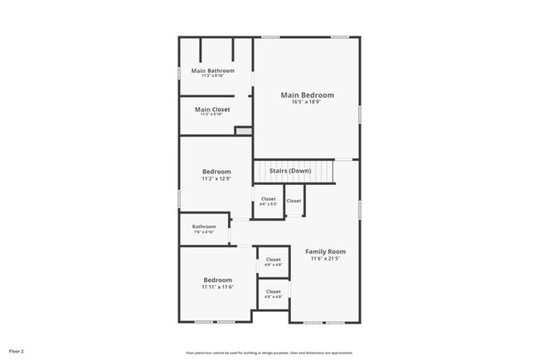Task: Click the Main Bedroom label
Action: coord(307,95)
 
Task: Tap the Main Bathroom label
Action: coord(213,71)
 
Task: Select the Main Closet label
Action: coord(212,109)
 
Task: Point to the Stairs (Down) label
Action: coord(290,170)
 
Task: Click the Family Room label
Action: coord(325,251)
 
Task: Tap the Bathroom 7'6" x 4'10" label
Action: coord(204,226)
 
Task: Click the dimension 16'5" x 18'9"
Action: coord(307,102)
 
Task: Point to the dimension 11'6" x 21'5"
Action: coord(325,258)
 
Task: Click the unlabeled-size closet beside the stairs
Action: coord(294,201)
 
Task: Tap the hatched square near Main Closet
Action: coord(243,130)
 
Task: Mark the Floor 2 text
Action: coord(17,351)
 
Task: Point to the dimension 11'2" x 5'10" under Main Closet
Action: coord(212,114)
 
